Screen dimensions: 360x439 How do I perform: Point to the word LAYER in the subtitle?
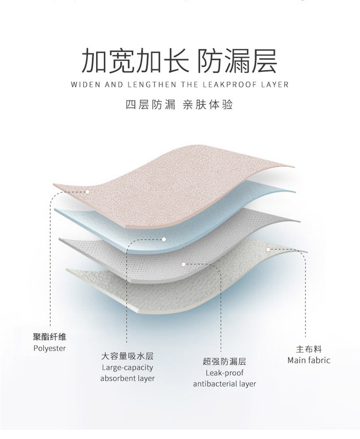tap(274, 85)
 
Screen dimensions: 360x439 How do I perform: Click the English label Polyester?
tap(49, 348)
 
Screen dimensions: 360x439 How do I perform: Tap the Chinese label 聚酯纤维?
tap(49, 337)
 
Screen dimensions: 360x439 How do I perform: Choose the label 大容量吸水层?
tap(127, 356)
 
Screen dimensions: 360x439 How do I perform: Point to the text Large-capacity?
tap(127, 367)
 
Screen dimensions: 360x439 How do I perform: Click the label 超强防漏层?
tap(224, 362)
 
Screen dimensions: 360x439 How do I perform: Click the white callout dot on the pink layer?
tap(87, 192)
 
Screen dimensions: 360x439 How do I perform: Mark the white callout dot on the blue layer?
tap(163, 239)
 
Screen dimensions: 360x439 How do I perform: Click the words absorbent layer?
tap(127, 379)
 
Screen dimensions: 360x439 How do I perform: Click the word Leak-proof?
tap(224, 373)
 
